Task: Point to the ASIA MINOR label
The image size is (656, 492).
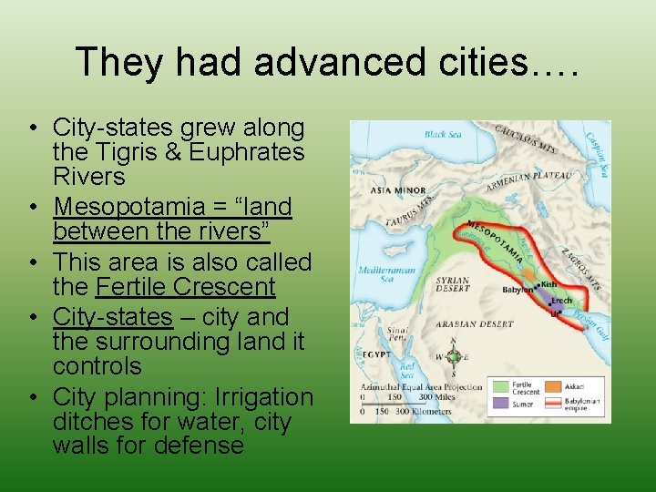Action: [x=392, y=192]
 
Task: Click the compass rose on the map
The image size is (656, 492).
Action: [x=453, y=357]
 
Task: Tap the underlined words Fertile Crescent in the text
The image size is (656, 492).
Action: [x=185, y=288]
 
